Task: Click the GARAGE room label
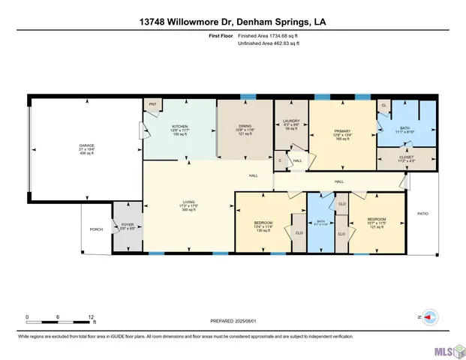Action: click(88, 146)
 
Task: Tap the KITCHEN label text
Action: click(180, 127)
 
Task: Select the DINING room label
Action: click(246, 127)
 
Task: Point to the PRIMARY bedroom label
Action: click(343, 131)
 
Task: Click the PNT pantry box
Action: click(152, 104)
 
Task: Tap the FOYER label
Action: click(127, 224)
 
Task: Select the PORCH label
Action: click(96, 229)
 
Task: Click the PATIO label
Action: click(422, 214)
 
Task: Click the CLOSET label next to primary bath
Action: click(405, 157)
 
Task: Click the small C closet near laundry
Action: click(281, 160)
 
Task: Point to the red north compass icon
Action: click(428, 317)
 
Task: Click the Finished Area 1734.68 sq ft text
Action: click(268, 36)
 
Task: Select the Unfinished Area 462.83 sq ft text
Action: click(268, 43)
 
